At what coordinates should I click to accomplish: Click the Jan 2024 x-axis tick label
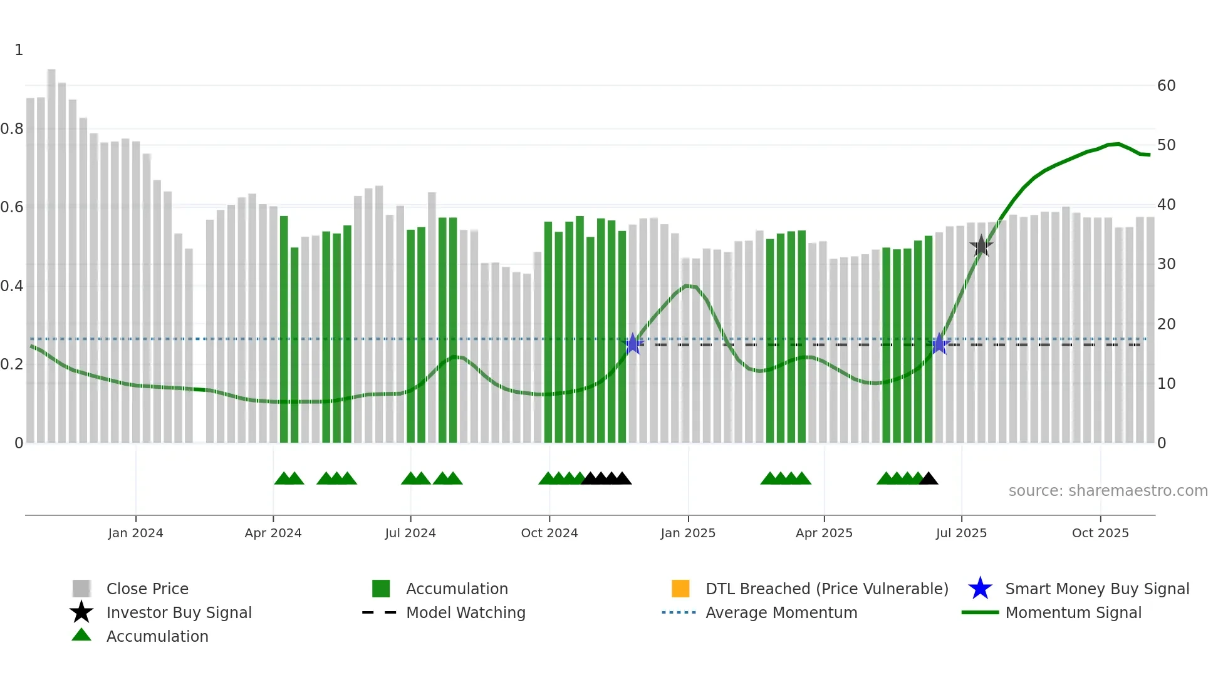coord(135,533)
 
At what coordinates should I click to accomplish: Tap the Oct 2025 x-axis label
coord(1100,533)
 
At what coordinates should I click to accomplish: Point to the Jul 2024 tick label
coord(410,533)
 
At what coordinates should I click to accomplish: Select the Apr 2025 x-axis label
coord(824,533)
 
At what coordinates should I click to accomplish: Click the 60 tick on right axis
coord(1166,86)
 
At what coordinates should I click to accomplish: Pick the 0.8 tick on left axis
coord(12,129)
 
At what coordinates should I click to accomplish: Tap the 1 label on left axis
coord(19,50)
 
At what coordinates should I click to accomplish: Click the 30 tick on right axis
coord(1166,264)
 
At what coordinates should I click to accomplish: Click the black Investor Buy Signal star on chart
coord(981,246)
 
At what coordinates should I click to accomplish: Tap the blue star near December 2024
coord(633,344)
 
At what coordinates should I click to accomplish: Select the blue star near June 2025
coord(939,344)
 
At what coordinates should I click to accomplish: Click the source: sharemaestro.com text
coord(1108,491)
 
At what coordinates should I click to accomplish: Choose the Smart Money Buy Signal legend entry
coord(1096,589)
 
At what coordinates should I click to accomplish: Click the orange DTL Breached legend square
coord(680,589)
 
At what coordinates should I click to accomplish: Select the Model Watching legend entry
coord(465,612)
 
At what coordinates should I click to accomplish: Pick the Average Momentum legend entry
coord(781,612)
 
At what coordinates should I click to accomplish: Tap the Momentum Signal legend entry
coord(1073,612)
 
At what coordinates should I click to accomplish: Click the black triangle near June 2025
coord(929,479)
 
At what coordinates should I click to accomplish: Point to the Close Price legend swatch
coord(81,589)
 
